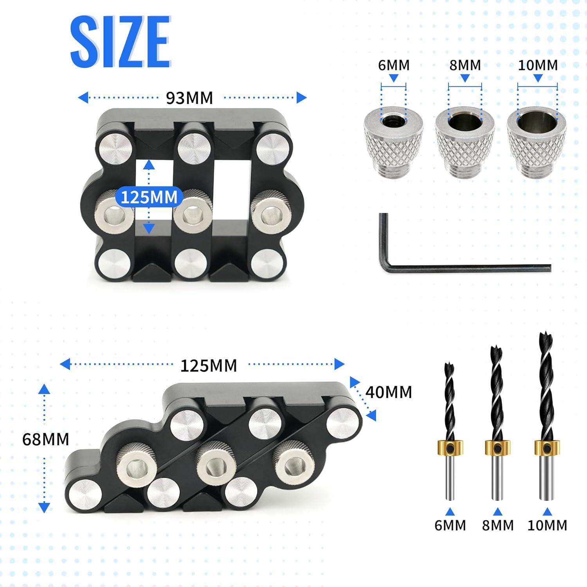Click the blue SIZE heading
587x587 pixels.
pyautogui.click(x=121, y=42)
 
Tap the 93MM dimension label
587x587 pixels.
pyautogui.click(x=189, y=98)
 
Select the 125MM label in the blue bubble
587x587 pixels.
pyautogui.click(x=149, y=197)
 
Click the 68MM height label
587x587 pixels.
pyautogui.click(x=45, y=439)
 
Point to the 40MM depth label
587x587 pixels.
pyautogui.click(x=389, y=392)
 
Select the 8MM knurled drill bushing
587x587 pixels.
pyautogui.click(x=465, y=142)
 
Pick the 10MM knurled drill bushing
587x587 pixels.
pyautogui.click(x=537, y=142)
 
